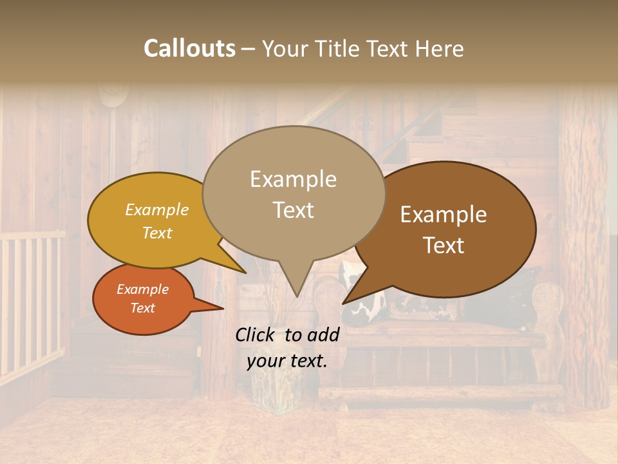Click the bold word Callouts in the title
[189, 48]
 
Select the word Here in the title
[440, 48]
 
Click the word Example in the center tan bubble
[293, 180]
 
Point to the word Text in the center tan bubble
[293, 210]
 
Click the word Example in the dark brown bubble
[444, 215]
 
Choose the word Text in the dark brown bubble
[444, 246]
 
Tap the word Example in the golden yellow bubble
[156, 210]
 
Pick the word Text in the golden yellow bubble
[156, 233]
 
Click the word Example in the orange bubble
[142, 289]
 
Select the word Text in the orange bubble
[142, 308]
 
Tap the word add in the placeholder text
[323, 334]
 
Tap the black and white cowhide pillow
[364, 303]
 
